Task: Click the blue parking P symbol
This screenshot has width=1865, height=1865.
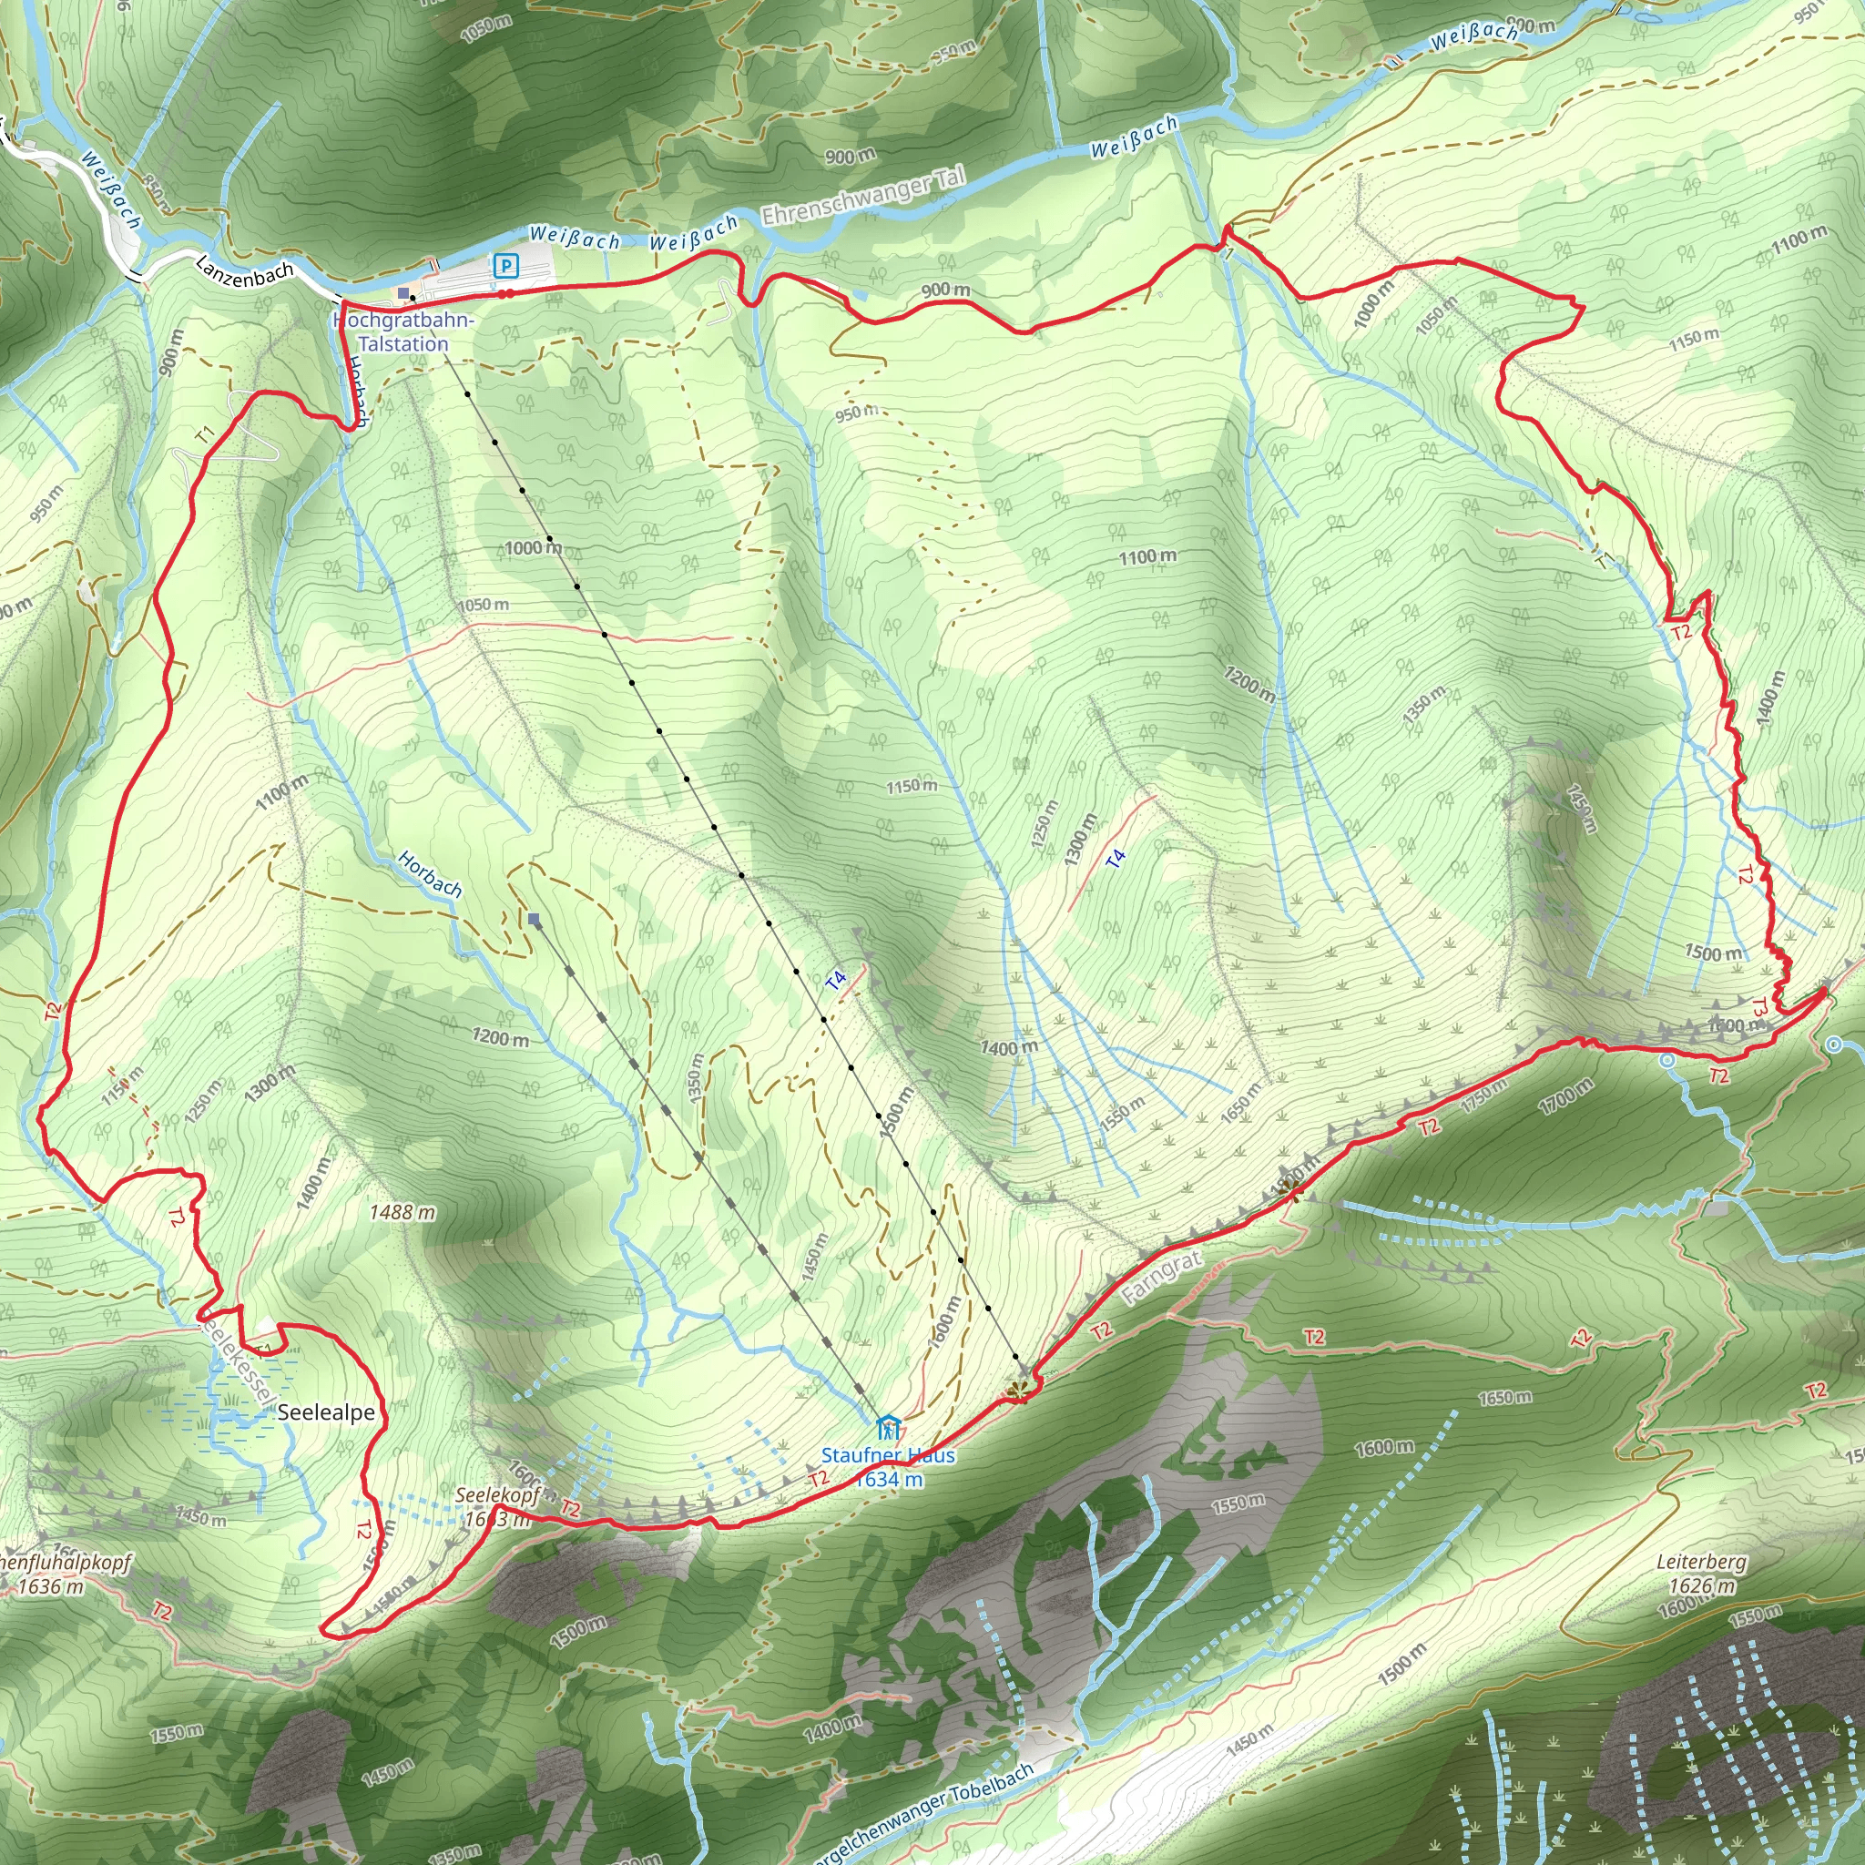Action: [x=504, y=264]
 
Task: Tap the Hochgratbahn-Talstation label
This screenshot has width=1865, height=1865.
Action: [x=403, y=332]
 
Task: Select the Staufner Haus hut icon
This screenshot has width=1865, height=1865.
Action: [x=887, y=1427]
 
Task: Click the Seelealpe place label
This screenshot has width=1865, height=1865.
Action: [x=326, y=1412]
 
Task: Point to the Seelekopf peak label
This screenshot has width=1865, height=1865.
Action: [x=497, y=1495]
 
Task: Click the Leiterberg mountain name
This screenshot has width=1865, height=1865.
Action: [x=1701, y=1562]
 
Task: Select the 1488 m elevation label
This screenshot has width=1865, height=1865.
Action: [x=402, y=1211]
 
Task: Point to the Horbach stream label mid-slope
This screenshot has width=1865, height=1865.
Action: [x=430, y=873]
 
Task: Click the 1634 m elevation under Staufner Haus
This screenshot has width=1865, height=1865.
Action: [x=889, y=1480]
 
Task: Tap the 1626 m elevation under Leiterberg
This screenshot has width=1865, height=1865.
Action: [x=1702, y=1586]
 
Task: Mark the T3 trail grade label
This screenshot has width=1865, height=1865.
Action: [x=1759, y=1007]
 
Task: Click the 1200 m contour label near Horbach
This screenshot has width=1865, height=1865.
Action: [x=500, y=1038]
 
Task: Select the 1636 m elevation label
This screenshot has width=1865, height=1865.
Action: [x=50, y=1586]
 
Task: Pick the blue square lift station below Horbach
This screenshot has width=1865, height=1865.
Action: [x=534, y=919]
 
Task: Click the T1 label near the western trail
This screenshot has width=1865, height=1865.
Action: [x=205, y=435]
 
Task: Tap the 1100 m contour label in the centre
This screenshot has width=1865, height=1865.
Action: [x=1147, y=556]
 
